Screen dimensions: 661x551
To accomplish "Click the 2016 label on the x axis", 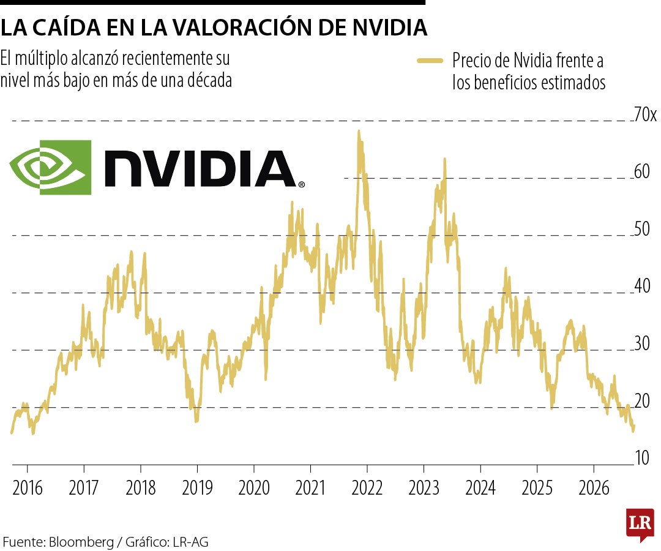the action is click(x=28, y=488).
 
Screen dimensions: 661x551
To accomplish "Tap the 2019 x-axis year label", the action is click(x=197, y=488).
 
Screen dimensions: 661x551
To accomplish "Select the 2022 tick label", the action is click(x=367, y=488).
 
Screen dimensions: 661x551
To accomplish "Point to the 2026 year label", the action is click(x=594, y=488).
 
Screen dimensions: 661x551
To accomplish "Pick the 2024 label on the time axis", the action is click(x=480, y=488).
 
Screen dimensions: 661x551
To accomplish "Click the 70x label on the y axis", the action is click(x=646, y=114).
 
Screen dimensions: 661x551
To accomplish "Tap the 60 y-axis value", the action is click(x=642, y=171).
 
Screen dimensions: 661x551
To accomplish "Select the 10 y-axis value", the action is click(x=642, y=458).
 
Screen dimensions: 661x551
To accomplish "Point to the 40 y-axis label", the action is click(x=642, y=286).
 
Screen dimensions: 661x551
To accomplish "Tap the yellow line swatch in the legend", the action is click(x=430, y=61).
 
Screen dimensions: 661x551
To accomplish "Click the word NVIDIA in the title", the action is click(x=389, y=28).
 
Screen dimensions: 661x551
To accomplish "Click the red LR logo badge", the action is click(x=640, y=525).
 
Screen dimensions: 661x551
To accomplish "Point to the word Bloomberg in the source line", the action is click(x=81, y=542).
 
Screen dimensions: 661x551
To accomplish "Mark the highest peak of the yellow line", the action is click(x=359, y=131).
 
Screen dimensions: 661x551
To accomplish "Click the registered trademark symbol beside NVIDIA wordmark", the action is click(x=301, y=184).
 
